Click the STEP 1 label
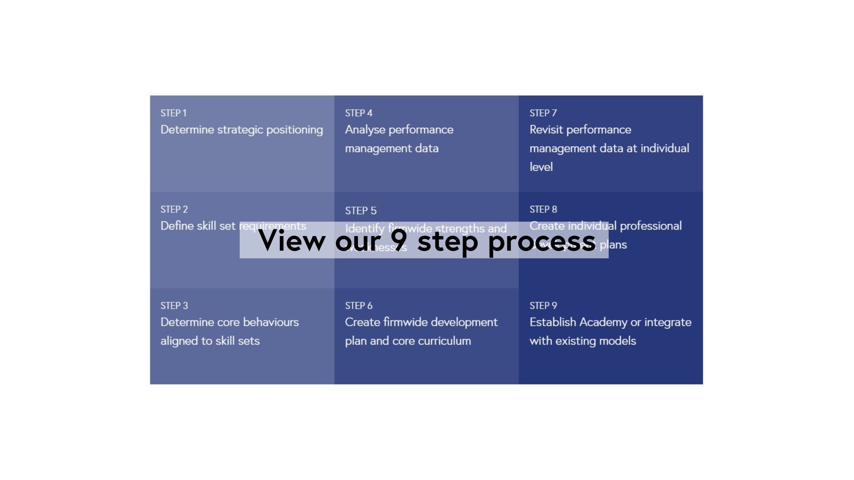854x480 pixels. (173, 113)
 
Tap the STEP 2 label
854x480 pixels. (174, 209)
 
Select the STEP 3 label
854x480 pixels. (174, 306)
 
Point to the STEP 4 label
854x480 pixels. (359, 113)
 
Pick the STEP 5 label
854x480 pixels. (361, 211)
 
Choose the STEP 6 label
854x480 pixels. (359, 306)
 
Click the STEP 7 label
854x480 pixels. (543, 113)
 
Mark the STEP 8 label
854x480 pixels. (543, 209)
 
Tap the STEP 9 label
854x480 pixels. (543, 306)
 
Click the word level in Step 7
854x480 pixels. (541, 167)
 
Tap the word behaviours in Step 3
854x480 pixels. (271, 322)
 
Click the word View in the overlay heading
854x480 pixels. (292, 240)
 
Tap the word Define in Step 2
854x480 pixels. (177, 226)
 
